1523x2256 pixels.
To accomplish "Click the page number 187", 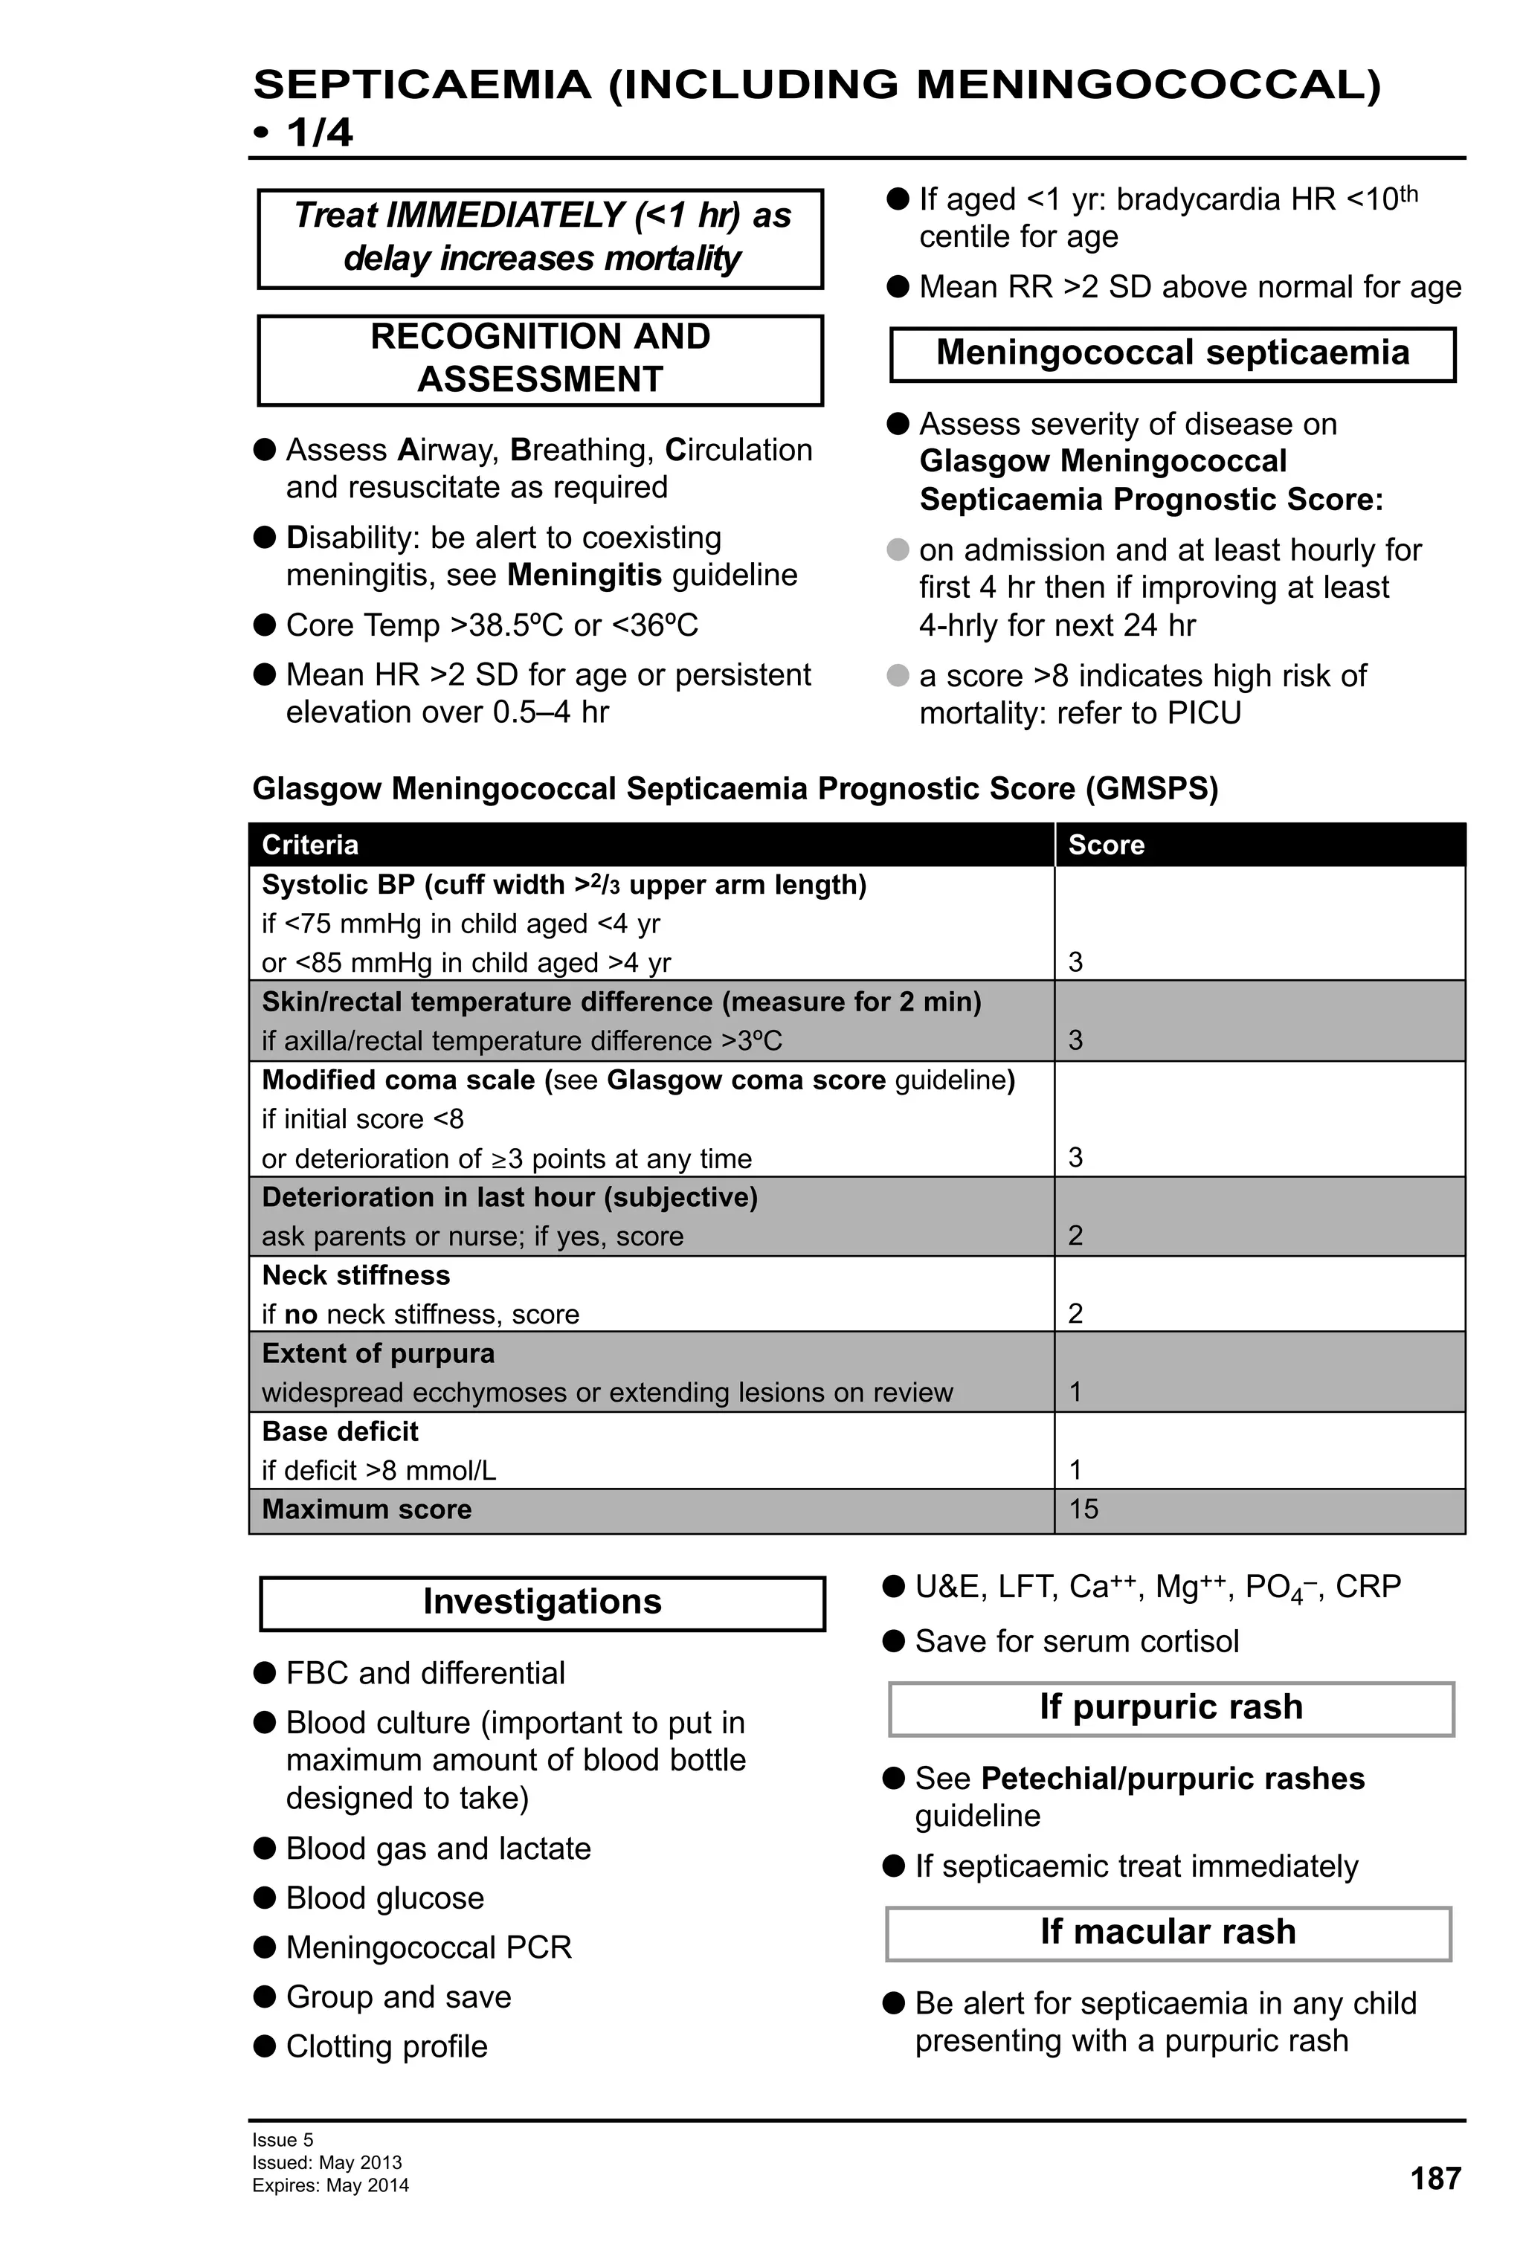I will (1435, 2179).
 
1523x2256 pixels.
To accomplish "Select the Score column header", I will (1106, 845).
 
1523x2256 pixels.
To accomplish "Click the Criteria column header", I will (309, 845).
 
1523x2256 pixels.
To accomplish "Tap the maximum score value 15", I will (1084, 1509).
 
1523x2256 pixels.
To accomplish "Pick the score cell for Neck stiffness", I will (1075, 1313).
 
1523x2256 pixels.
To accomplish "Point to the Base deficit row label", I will (340, 1431).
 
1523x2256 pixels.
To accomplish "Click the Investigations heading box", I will (541, 1602).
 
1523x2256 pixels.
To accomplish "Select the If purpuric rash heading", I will (1171, 1706).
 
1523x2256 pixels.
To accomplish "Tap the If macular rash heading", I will (1168, 1932).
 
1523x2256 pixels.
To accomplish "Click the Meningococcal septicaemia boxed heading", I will (1173, 352).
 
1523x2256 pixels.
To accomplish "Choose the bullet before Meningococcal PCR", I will (264, 1947).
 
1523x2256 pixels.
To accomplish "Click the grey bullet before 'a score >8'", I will (898, 674).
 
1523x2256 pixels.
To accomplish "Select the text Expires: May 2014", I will (330, 2185).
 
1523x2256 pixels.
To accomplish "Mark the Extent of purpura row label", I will (378, 1353).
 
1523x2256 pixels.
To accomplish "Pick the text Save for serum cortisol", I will (1077, 1642).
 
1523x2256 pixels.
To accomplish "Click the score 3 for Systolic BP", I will (1075, 962).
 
